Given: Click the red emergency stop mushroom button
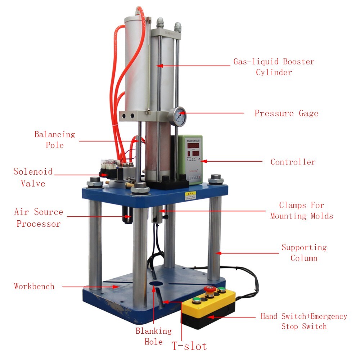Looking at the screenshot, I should [208, 289].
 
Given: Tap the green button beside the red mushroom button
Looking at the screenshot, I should [222, 290].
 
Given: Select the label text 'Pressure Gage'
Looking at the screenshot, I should [286, 113].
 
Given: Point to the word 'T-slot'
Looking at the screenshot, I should [189, 346].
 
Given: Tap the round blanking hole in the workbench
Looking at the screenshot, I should [156, 284].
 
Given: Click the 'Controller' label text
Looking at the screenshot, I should [293, 162].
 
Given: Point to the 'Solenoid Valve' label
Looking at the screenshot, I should [33, 177].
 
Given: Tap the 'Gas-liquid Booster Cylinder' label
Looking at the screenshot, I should [274, 67].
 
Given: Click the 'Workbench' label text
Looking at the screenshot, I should [34, 287].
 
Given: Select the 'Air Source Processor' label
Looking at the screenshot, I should [39, 218].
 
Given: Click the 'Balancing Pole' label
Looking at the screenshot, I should [55, 140].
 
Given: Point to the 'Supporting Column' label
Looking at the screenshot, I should [304, 253].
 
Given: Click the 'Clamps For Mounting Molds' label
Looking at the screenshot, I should [302, 211].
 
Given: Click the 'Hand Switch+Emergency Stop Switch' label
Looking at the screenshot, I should [304, 321].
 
